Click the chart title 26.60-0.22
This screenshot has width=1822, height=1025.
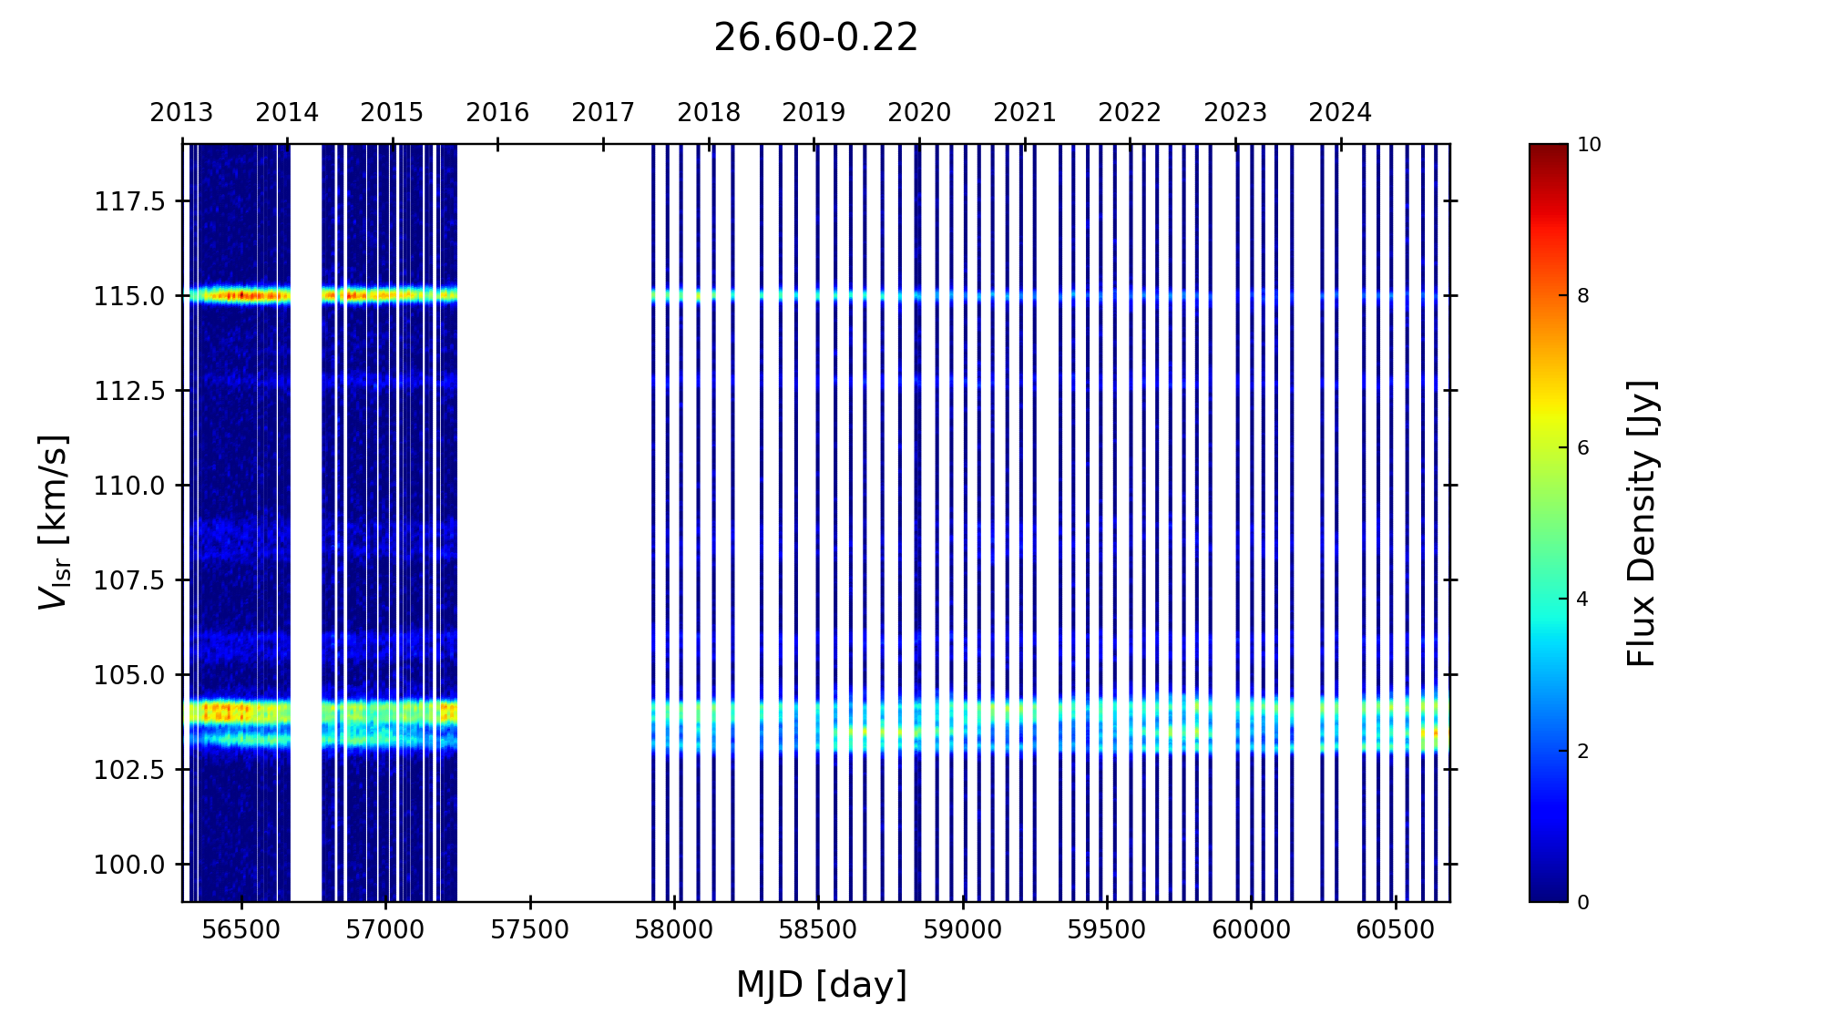click(x=815, y=38)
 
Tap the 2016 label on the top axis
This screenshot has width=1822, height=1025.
click(x=497, y=113)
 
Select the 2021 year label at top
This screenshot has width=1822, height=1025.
click(x=1024, y=113)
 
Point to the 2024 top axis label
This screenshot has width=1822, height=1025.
click(x=1340, y=113)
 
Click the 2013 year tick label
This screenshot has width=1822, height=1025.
click(x=181, y=113)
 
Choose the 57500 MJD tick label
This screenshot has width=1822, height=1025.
click(x=529, y=930)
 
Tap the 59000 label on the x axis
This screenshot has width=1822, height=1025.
click(x=962, y=930)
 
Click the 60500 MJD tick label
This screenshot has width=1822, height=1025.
click(x=1395, y=930)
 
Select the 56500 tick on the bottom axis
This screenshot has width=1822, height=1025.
click(x=241, y=930)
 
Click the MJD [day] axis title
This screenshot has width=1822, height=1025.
click(x=821, y=985)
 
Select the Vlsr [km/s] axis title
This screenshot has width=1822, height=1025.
click(x=54, y=522)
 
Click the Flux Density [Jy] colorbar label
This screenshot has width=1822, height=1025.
click(x=1642, y=523)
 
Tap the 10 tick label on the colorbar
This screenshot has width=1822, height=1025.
click(x=1589, y=145)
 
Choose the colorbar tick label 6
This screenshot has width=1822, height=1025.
click(x=1583, y=448)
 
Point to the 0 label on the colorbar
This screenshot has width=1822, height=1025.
click(x=1583, y=902)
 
